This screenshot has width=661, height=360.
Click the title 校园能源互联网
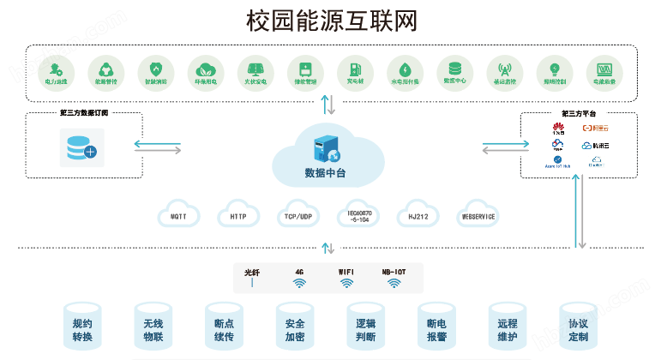(x=331, y=21)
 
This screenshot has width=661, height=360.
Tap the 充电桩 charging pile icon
(x=354, y=69)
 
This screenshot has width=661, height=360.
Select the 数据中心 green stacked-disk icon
(x=454, y=69)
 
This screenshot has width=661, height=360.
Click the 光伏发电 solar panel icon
(x=255, y=69)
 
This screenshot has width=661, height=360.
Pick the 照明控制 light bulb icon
(x=554, y=69)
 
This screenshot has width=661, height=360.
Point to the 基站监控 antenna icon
(x=504, y=69)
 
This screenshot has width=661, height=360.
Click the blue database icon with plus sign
(x=81, y=148)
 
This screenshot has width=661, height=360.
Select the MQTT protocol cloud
(x=178, y=216)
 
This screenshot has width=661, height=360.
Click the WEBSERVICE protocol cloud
(x=478, y=216)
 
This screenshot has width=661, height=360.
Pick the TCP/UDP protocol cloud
(x=297, y=216)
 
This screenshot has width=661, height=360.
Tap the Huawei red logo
(x=559, y=129)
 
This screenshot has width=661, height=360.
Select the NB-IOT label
(x=394, y=272)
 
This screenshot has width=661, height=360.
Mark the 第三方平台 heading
(x=579, y=113)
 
